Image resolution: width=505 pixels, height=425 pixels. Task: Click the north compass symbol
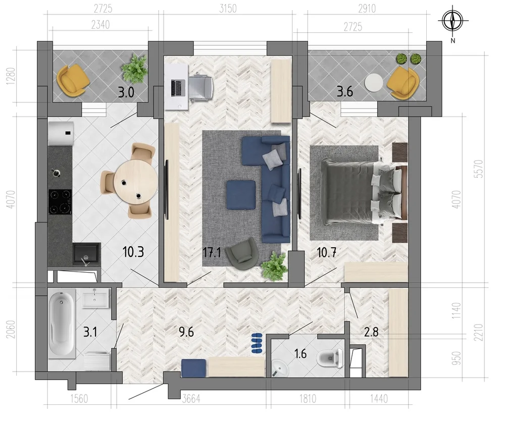453,20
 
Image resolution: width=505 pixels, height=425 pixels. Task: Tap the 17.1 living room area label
212,252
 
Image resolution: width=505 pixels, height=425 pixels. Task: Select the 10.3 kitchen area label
133,252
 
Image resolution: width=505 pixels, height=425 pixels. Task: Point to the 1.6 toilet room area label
300,354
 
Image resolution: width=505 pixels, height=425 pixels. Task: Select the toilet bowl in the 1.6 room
330,358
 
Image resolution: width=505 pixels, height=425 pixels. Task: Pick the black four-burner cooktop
60,201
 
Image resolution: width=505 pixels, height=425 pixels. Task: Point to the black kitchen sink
86,254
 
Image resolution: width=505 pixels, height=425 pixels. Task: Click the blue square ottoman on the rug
241,195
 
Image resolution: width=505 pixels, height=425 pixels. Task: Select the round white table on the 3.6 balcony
374,83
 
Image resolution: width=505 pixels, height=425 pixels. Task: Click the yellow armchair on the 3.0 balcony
73,80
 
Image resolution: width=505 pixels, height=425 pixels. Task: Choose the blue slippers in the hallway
257,343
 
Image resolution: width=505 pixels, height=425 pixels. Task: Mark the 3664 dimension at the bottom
191,399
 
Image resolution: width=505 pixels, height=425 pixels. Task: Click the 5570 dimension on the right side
479,169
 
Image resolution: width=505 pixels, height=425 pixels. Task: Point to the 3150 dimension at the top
228,9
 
